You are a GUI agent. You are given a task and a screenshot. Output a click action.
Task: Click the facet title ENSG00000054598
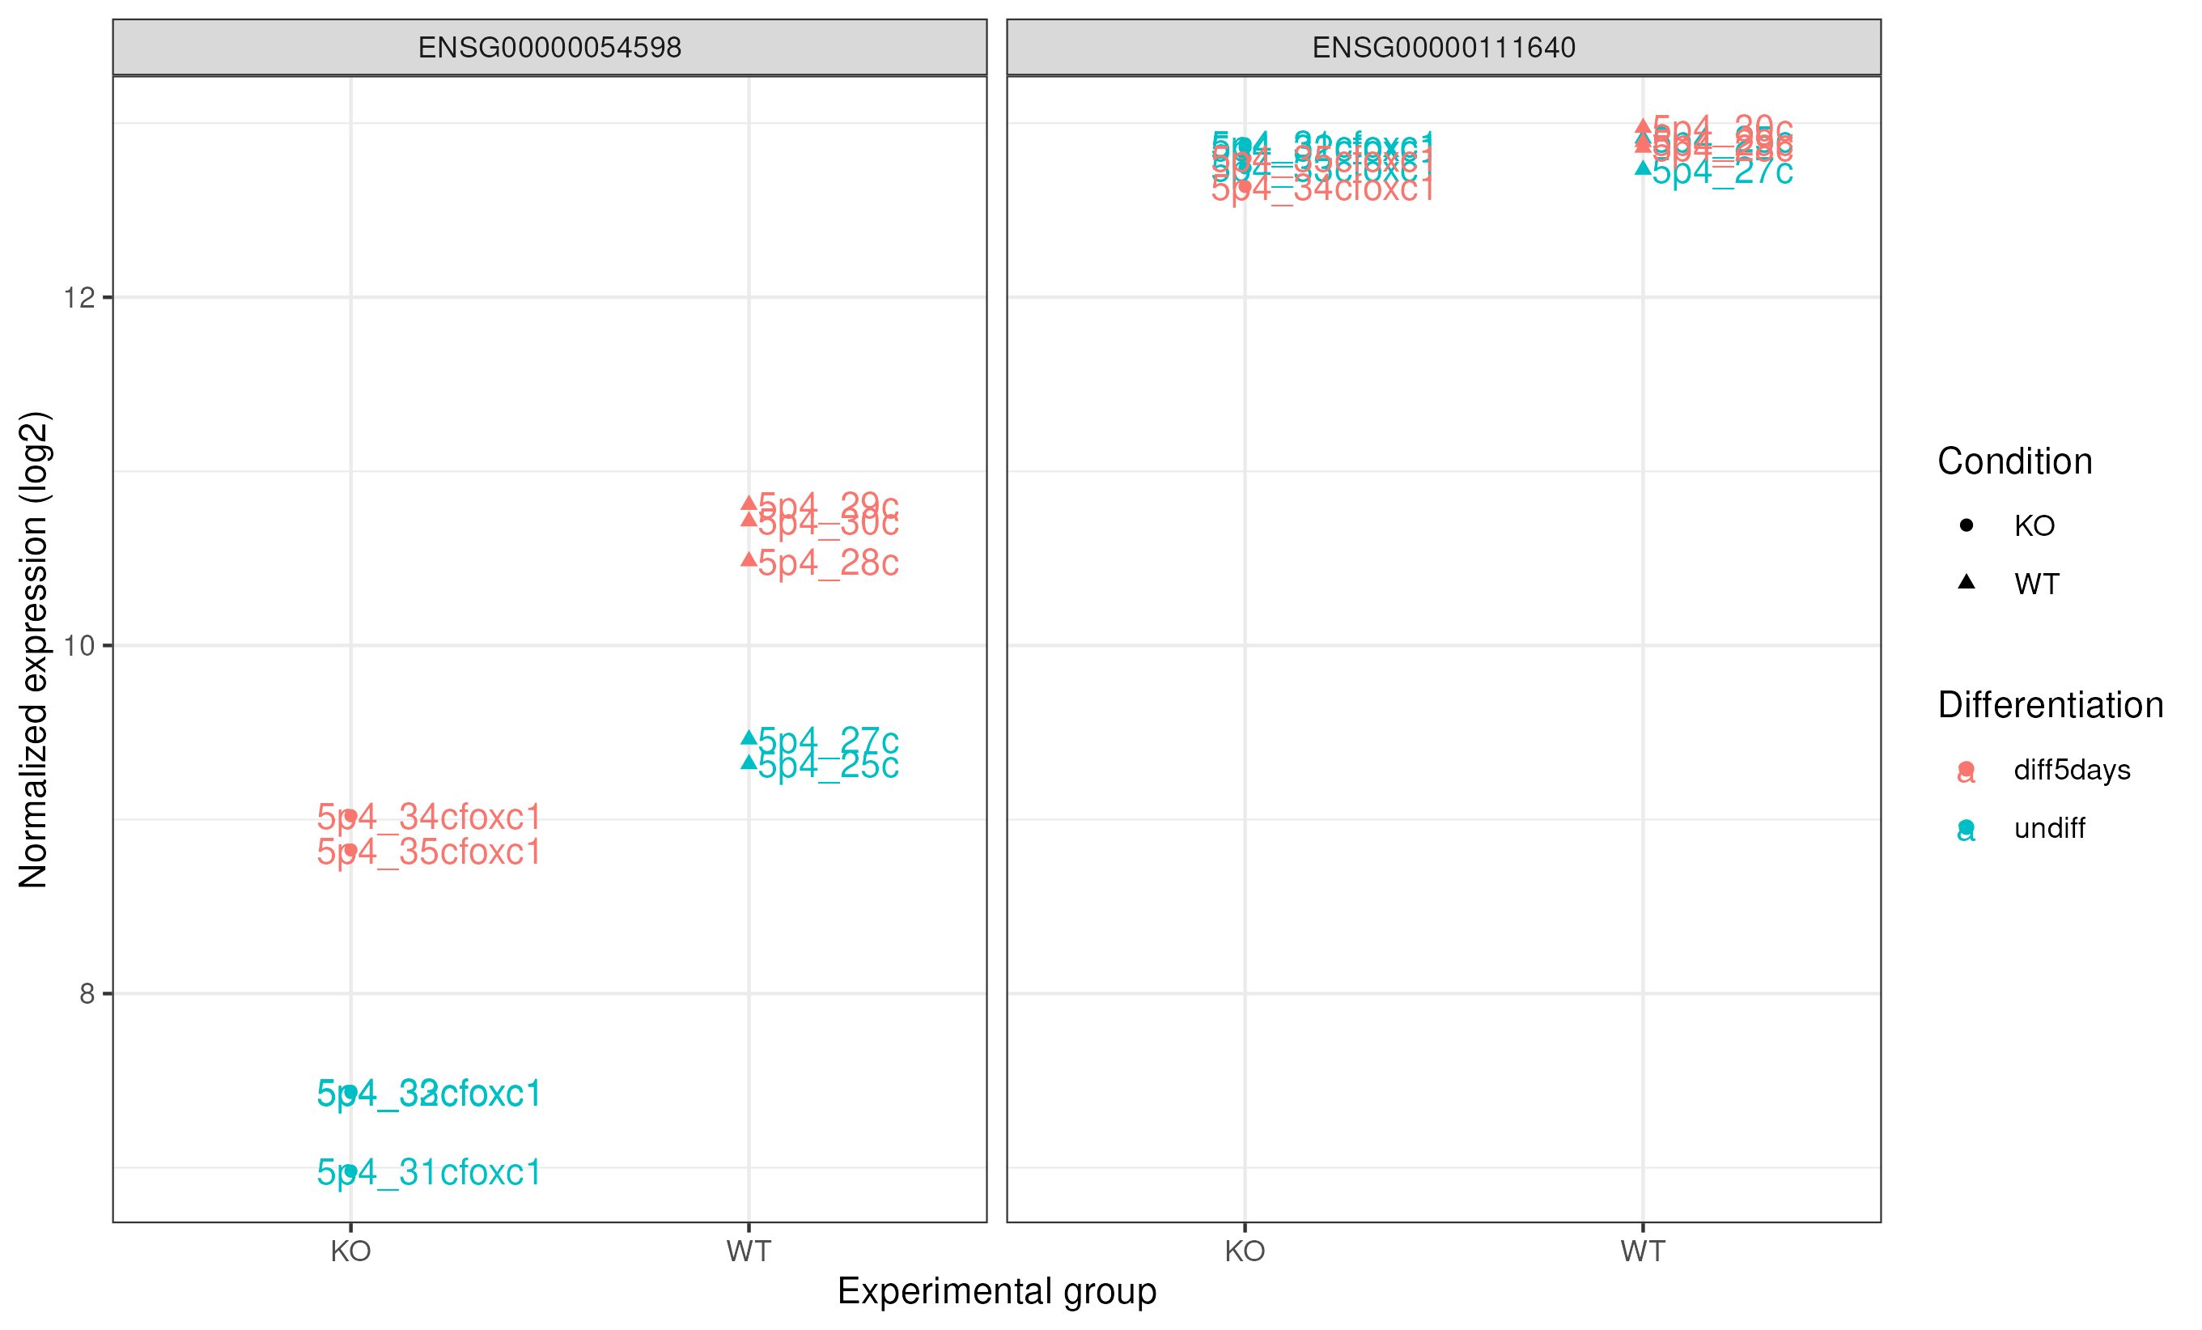point(549,48)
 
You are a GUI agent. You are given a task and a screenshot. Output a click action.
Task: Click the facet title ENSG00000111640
point(1443,48)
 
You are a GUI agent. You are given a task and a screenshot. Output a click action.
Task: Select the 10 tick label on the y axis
point(79,645)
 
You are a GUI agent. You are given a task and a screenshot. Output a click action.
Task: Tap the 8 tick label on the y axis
point(87,994)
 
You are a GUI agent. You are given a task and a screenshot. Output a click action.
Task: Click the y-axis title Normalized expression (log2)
point(33,650)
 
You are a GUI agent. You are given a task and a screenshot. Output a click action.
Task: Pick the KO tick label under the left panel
point(350,1251)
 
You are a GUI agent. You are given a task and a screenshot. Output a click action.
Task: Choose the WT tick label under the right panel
point(1643,1251)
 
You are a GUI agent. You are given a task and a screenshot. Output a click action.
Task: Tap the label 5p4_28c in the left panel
point(828,563)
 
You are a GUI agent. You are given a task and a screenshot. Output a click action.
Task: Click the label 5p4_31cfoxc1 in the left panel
point(429,1173)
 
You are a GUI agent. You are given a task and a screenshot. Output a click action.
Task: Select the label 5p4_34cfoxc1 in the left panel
point(429,818)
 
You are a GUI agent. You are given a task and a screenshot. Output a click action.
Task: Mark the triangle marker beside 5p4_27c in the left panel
point(749,737)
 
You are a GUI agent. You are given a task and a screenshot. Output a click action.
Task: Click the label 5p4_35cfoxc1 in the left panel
point(429,852)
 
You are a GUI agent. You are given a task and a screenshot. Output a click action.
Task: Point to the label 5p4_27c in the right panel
point(1721,172)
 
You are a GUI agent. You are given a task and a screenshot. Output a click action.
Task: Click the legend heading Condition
point(2014,462)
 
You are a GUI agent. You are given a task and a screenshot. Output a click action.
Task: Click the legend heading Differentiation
point(2050,705)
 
